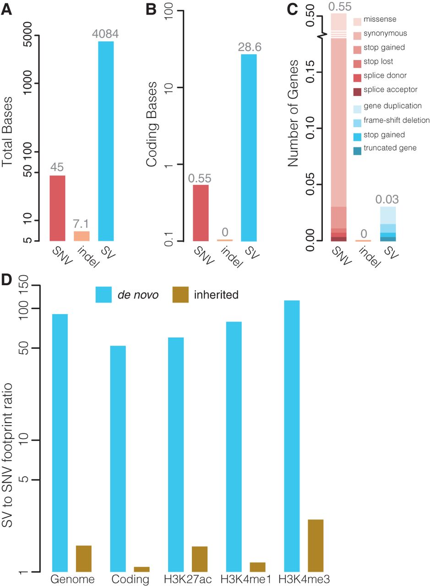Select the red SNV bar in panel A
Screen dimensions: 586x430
[x=57, y=208]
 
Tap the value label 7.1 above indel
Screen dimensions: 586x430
[x=82, y=224]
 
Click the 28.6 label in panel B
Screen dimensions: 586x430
[x=249, y=47]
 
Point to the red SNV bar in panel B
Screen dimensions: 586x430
[x=201, y=212]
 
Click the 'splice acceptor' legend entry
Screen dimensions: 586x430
[x=390, y=90]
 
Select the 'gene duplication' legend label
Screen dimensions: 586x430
[x=392, y=106]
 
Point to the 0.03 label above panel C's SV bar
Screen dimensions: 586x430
[x=387, y=200]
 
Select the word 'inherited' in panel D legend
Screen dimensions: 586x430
[x=216, y=295]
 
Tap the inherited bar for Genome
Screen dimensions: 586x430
[x=83, y=559]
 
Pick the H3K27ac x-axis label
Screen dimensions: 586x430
[x=188, y=579]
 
